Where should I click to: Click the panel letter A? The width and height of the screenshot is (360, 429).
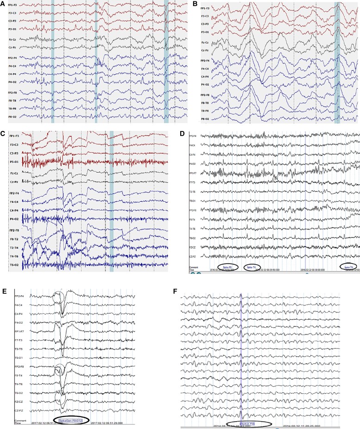4,3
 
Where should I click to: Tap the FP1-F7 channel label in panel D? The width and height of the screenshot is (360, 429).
196,174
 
